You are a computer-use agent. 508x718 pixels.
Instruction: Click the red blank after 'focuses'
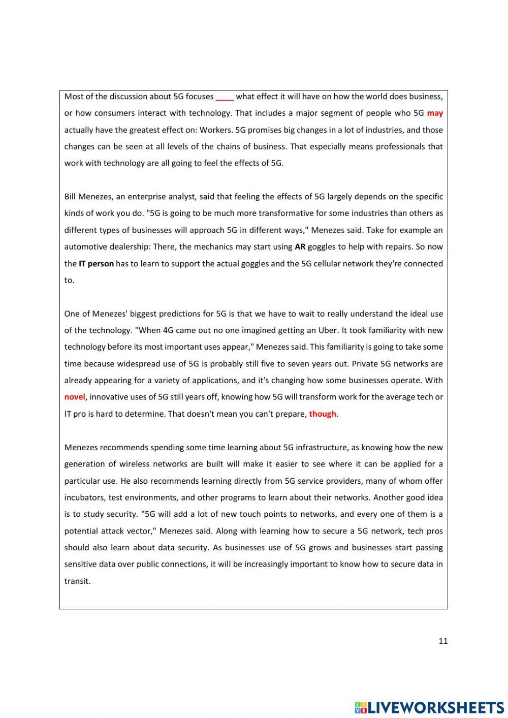tap(225, 97)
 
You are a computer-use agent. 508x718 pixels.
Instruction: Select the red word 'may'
tap(435, 113)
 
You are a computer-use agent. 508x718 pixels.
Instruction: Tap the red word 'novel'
tap(75, 397)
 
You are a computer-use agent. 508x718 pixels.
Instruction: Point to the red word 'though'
tap(323, 414)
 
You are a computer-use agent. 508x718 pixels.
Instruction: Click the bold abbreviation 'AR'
tap(300, 247)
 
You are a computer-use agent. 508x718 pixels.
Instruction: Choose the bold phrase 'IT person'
tap(96, 264)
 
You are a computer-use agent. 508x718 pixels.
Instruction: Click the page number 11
tap(443, 641)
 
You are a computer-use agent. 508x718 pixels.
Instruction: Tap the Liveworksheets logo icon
tap(361, 707)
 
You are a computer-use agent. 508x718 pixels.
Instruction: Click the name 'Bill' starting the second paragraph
tap(71, 197)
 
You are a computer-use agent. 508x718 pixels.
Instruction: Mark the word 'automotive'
tap(84, 247)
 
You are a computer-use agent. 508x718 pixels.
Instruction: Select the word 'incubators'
tap(84, 497)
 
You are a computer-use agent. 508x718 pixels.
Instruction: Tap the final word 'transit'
tap(77, 581)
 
